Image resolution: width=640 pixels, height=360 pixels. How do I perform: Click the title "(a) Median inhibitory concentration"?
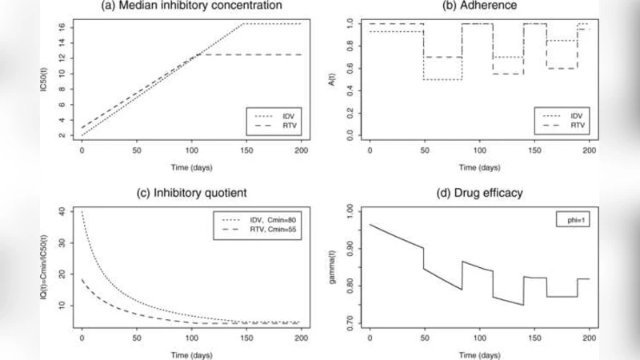192,6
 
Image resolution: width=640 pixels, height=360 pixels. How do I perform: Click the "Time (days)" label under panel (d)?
480,351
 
